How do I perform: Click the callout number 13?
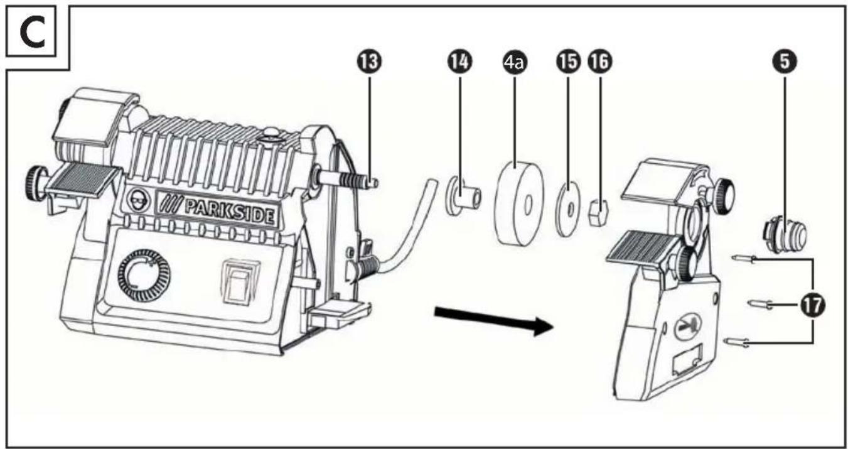pyautogui.click(x=370, y=62)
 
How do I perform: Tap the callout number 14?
pyautogui.click(x=460, y=62)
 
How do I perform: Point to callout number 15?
pyautogui.click(x=568, y=62)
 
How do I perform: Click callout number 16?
pyautogui.click(x=599, y=62)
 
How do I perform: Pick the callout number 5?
pyautogui.click(x=785, y=62)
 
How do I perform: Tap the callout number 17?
pyautogui.click(x=813, y=305)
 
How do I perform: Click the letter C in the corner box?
pyautogui.click(x=32, y=33)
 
